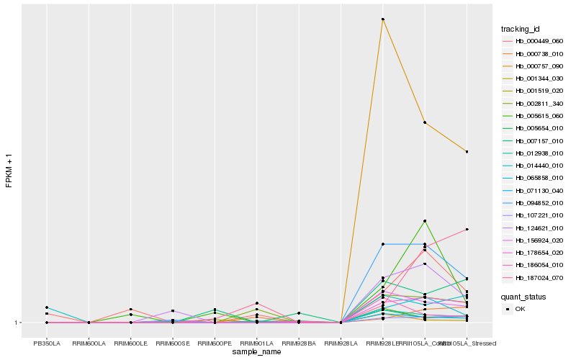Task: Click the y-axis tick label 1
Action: point(18,323)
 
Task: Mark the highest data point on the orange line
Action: point(383,19)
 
